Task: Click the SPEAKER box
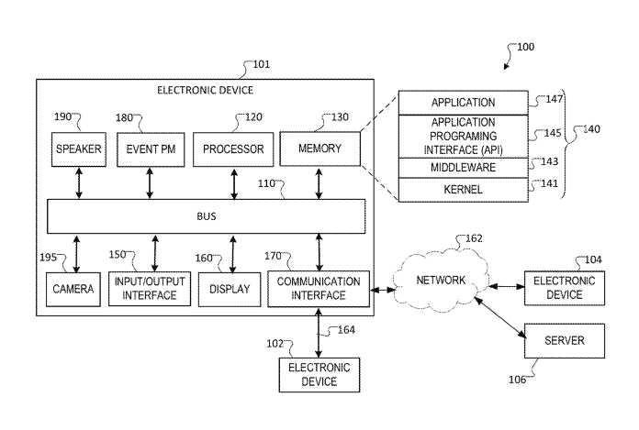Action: pos(78,149)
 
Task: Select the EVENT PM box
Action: pos(149,149)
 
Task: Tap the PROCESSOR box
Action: pos(233,149)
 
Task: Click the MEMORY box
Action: pos(319,149)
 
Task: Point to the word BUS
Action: pos(207,216)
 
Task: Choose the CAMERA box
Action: pos(73,289)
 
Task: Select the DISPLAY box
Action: pos(224,289)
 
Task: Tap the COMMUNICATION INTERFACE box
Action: pos(319,289)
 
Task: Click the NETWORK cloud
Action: pos(437,281)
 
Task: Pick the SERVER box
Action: pos(565,340)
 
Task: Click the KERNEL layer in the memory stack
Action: pos(463,190)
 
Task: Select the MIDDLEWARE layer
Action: pos(463,168)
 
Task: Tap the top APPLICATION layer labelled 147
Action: pos(463,103)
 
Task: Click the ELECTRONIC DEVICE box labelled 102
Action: pos(319,374)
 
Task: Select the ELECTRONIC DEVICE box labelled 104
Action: pos(565,288)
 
